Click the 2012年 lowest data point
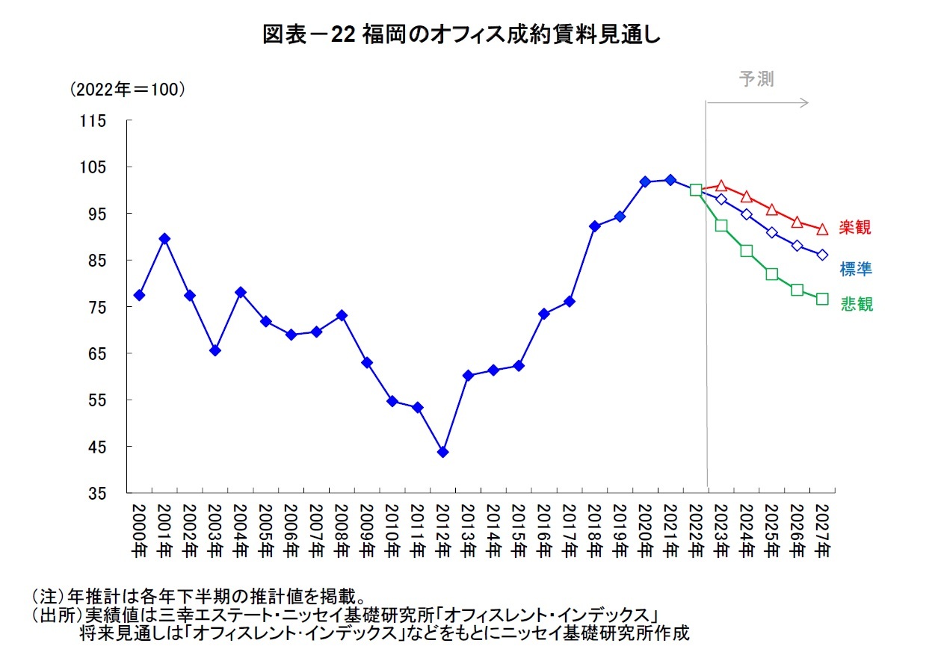click(x=442, y=452)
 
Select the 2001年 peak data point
click(x=164, y=239)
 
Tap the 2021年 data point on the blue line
click(x=670, y=180)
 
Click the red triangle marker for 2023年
click(x=721, y=186)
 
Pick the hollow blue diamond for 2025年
click(x=771, y=232)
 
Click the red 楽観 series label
click(x=854, y=228)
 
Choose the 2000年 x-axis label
click(x=139, y=531)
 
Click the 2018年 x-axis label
click(x=594, y=531)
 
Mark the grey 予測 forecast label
click(x=756, y=79)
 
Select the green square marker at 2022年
click(x=696, y=190)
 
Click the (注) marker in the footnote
click(x=49, y=598)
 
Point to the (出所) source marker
click(x=56, y=615)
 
